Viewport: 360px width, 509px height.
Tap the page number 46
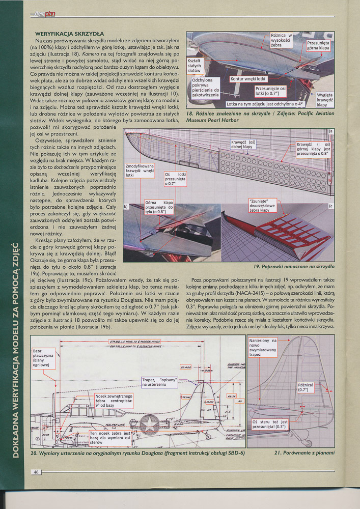pos(36,472)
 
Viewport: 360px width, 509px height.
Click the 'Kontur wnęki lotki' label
pos(248,79)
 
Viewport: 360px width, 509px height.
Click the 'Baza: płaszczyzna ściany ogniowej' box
pos(45,358)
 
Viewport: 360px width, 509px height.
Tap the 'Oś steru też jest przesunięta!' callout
pos(270,425)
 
